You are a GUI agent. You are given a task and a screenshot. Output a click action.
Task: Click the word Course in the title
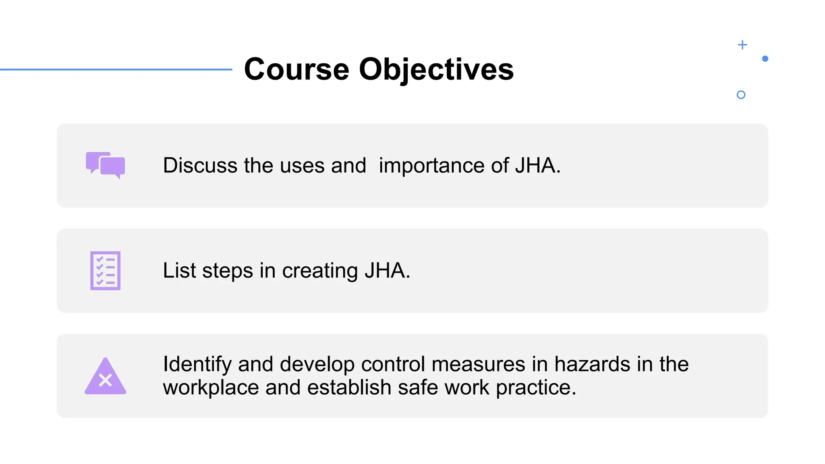click(296, 69)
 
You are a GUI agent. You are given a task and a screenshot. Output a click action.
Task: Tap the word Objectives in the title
click(436, 69)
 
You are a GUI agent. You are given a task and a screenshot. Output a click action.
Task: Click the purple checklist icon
click(106, 271)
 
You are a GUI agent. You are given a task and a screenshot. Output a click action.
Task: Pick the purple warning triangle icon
click(106, 377)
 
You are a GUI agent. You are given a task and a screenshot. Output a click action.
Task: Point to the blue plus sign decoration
click(742, 45)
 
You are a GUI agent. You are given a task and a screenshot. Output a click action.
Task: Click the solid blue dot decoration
click(765, 59)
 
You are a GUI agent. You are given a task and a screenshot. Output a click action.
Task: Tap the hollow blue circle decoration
click(741, 95)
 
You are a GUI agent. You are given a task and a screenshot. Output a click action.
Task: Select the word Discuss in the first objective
click(200, 166)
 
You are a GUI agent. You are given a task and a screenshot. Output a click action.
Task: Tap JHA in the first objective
click(536, 166)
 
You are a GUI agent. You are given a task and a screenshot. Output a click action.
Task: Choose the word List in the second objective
click(179, 270)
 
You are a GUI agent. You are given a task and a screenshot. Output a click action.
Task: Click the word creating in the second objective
click(320, 271)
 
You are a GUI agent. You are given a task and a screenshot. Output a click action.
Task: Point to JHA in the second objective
click(385, 270)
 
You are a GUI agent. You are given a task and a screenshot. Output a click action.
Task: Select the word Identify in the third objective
click(197, 364)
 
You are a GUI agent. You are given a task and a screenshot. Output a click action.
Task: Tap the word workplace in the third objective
click(211, 387)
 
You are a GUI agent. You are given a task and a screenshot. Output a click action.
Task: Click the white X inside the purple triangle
click(106, 380)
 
